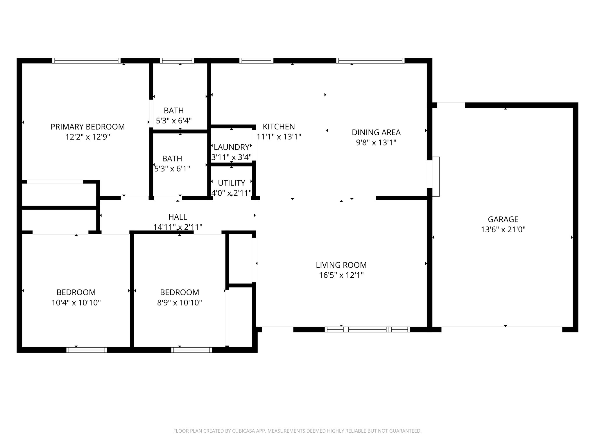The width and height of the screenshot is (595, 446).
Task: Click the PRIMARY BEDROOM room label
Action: coord(87,127)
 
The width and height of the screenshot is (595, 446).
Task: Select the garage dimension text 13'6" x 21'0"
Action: coord(503,230)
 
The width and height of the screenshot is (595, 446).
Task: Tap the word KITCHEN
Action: coord(279,127)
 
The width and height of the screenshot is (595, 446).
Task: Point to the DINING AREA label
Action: coord(376,132)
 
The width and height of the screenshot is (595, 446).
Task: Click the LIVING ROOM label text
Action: coord(341,265)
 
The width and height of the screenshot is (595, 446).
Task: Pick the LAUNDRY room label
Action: coord(231,147)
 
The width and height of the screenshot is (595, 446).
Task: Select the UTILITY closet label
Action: coord(231,183)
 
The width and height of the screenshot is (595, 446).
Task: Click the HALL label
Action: coord(178,217)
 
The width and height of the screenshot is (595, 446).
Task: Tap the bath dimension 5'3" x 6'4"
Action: coord(174,121)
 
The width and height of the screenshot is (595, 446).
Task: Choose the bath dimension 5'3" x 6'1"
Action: coord(172,169)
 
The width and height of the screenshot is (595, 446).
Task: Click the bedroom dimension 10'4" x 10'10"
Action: coord(76,303)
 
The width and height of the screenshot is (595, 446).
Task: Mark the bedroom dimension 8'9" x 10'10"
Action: coord(179,303)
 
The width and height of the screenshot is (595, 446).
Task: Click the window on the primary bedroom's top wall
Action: coord(86,61)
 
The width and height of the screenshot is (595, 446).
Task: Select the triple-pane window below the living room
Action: coord(367,329)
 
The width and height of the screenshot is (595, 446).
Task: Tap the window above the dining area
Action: coord(370,61)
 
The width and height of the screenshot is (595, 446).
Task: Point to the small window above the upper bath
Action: coord(177,61)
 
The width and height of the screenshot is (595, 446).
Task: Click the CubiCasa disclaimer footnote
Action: coord(297,431)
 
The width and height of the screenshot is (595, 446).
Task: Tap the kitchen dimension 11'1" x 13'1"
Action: coord(279,137)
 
